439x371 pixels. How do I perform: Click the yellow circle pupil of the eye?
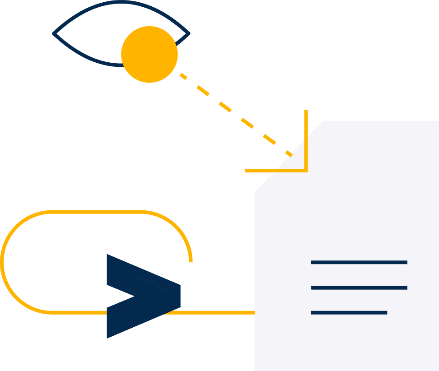[x=149, y=55]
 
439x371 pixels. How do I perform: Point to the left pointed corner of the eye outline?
[x=54, y=33]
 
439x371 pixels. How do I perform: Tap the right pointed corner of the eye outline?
[x=189, y=33]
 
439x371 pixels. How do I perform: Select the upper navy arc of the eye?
[x=121, y=3]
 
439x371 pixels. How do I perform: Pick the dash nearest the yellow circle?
[x=183, y=76]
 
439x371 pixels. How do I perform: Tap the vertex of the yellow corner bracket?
[x=306, y=171]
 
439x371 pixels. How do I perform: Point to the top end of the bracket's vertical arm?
[x=306, y=111]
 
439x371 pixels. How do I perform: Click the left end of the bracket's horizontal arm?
[x=247, y=171]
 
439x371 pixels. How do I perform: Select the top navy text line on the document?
[x=359, y=262]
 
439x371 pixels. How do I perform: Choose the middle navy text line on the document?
[x=359, y=288]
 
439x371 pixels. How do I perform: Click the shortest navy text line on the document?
[x=349, y=312]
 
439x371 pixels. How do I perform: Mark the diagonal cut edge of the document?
[x=289, y=157]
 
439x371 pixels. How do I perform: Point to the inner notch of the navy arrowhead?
[x=133, y=297]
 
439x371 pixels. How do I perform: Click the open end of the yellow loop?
[x=191, y=261]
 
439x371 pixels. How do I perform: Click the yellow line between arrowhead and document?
[x=217, y=312]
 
